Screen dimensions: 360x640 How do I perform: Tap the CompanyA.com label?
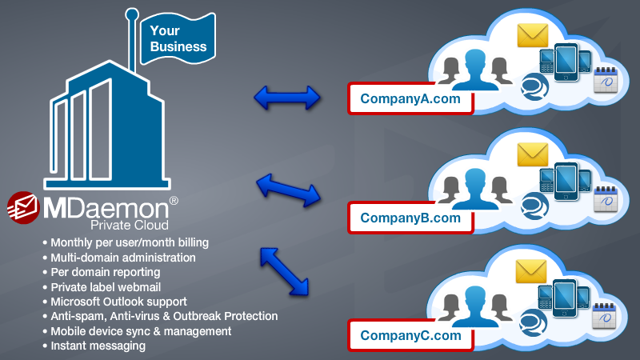pyautogui.click(x=410, y=99)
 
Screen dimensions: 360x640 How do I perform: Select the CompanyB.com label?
pyautogui.click(x=410, y=218)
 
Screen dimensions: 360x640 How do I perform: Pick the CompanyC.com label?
pyautogui.click(x=410, y=336)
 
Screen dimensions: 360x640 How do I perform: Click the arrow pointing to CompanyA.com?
pyautogui.click(x=286, y=98)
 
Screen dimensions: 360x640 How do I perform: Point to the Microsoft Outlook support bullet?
pyautogui.click(x=118, y=302)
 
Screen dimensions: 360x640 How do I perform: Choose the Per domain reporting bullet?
pyautogui.click(x=105, y=272)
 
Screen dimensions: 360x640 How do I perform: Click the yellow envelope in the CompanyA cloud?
pyautogui.click(x=532, y=34)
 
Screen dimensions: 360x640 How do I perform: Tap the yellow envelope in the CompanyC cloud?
pyautogui.click(x=532, y=271)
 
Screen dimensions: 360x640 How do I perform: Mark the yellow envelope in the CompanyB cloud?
pyautogui.click(x=532, y=153)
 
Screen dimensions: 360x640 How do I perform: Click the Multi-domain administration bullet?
pyautogui.click(x=122, y=257)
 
